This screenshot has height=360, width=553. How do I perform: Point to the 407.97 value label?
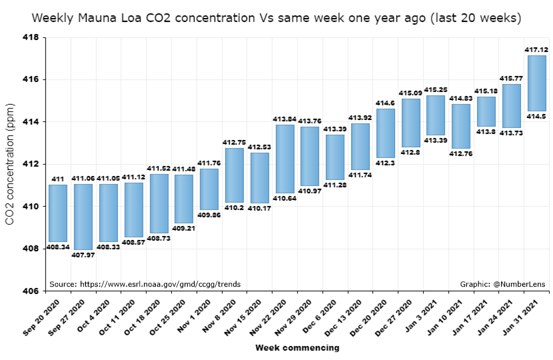[83, 255]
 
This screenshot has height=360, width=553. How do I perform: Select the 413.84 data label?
[284, 119]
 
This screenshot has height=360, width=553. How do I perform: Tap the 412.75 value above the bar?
[234, 142]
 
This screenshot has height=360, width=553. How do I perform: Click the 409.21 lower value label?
[184, 228]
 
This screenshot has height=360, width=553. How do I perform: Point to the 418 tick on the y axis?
[31, 37]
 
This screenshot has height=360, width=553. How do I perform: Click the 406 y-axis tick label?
[31, 291]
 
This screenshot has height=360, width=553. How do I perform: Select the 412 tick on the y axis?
[31, 164]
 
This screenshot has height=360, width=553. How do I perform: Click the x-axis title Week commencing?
[296, 347]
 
